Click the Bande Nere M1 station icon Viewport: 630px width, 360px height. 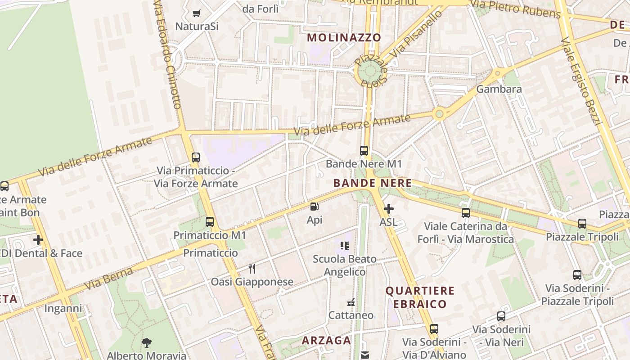(364, 151)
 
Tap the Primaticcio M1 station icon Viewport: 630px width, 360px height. (210, 222)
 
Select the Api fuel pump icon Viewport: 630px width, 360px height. (315, 207)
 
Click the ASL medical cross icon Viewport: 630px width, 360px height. (389, 209)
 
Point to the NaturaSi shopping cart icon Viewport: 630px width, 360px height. (196, 13)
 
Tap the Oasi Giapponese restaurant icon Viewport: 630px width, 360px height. (252, 269)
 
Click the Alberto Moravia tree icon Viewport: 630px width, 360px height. (146, 343)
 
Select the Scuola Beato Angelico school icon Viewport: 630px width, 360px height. (345, 246)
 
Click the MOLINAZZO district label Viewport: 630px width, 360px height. (344, 38)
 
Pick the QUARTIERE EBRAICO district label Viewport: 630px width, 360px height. (420, 297)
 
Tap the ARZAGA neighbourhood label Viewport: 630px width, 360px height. (326, 341)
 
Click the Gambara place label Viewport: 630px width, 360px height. (499, 89)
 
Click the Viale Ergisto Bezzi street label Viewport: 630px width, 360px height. (581, 81)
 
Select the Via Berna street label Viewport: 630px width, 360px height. (108, 279)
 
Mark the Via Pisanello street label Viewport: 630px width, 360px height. (416, 34)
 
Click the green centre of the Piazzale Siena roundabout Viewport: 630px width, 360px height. (371, 70)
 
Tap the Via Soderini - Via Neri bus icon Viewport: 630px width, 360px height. (501, 316)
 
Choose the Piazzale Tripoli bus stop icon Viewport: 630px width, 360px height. (582, 223)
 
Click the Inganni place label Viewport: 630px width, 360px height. (63, 309)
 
